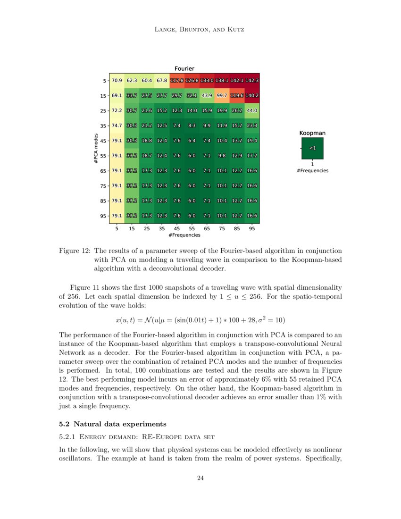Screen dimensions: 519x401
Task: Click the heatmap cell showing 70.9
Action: click(117, 81)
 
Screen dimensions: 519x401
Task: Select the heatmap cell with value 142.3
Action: click(252, 81)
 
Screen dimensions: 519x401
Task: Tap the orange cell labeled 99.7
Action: click(222, 96)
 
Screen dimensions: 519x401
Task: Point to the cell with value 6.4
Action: click(192, 141)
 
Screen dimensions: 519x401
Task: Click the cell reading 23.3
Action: click(252, 126)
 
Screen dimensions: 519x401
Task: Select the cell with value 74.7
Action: click(117, 126)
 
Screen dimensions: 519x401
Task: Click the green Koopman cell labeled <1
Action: click(312, 148)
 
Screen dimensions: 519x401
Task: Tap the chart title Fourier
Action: click(184, 69)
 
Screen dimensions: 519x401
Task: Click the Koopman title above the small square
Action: click(312, 133)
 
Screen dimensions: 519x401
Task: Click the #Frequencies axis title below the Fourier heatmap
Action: click(184, 235)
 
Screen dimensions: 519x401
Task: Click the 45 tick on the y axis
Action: click(103, 141)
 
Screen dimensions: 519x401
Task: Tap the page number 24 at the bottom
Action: click(200, 479)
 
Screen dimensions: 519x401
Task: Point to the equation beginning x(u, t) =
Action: click(200, 319)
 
